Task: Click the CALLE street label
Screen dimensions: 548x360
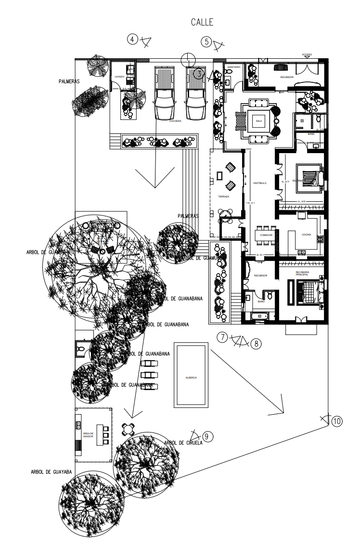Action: pyautogui.click(x=202, y=22)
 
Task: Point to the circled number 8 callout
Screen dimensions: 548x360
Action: pyautogui.click(x=256, y=343)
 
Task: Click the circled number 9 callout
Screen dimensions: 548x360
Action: pyautogui.click(x=207, y=436)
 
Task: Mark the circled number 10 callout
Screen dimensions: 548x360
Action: pyautogui.click(x=336, y=421)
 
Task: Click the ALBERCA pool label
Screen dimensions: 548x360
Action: pyautogui.click(x=192, y=378)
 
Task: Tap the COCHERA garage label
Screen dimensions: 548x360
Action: pyautogui.click(x=175, y=121)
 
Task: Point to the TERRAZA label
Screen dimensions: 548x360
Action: pyautogui.click(x=223, y=197)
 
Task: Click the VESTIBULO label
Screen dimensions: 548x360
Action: pyautogui.click(x=259, y=183)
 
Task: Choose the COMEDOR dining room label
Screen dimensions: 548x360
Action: pyautogui.click(x=266, y=235)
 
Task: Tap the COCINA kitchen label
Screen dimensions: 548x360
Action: pyautogui.click(x=307, y=235)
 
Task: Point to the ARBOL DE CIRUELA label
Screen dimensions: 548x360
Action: pyautogui.click(x=183, y=443)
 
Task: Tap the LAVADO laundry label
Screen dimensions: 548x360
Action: pyautogui.click(x=119, y=77)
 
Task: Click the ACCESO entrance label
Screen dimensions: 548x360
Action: pyautogui.click(x=307, y=54)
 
